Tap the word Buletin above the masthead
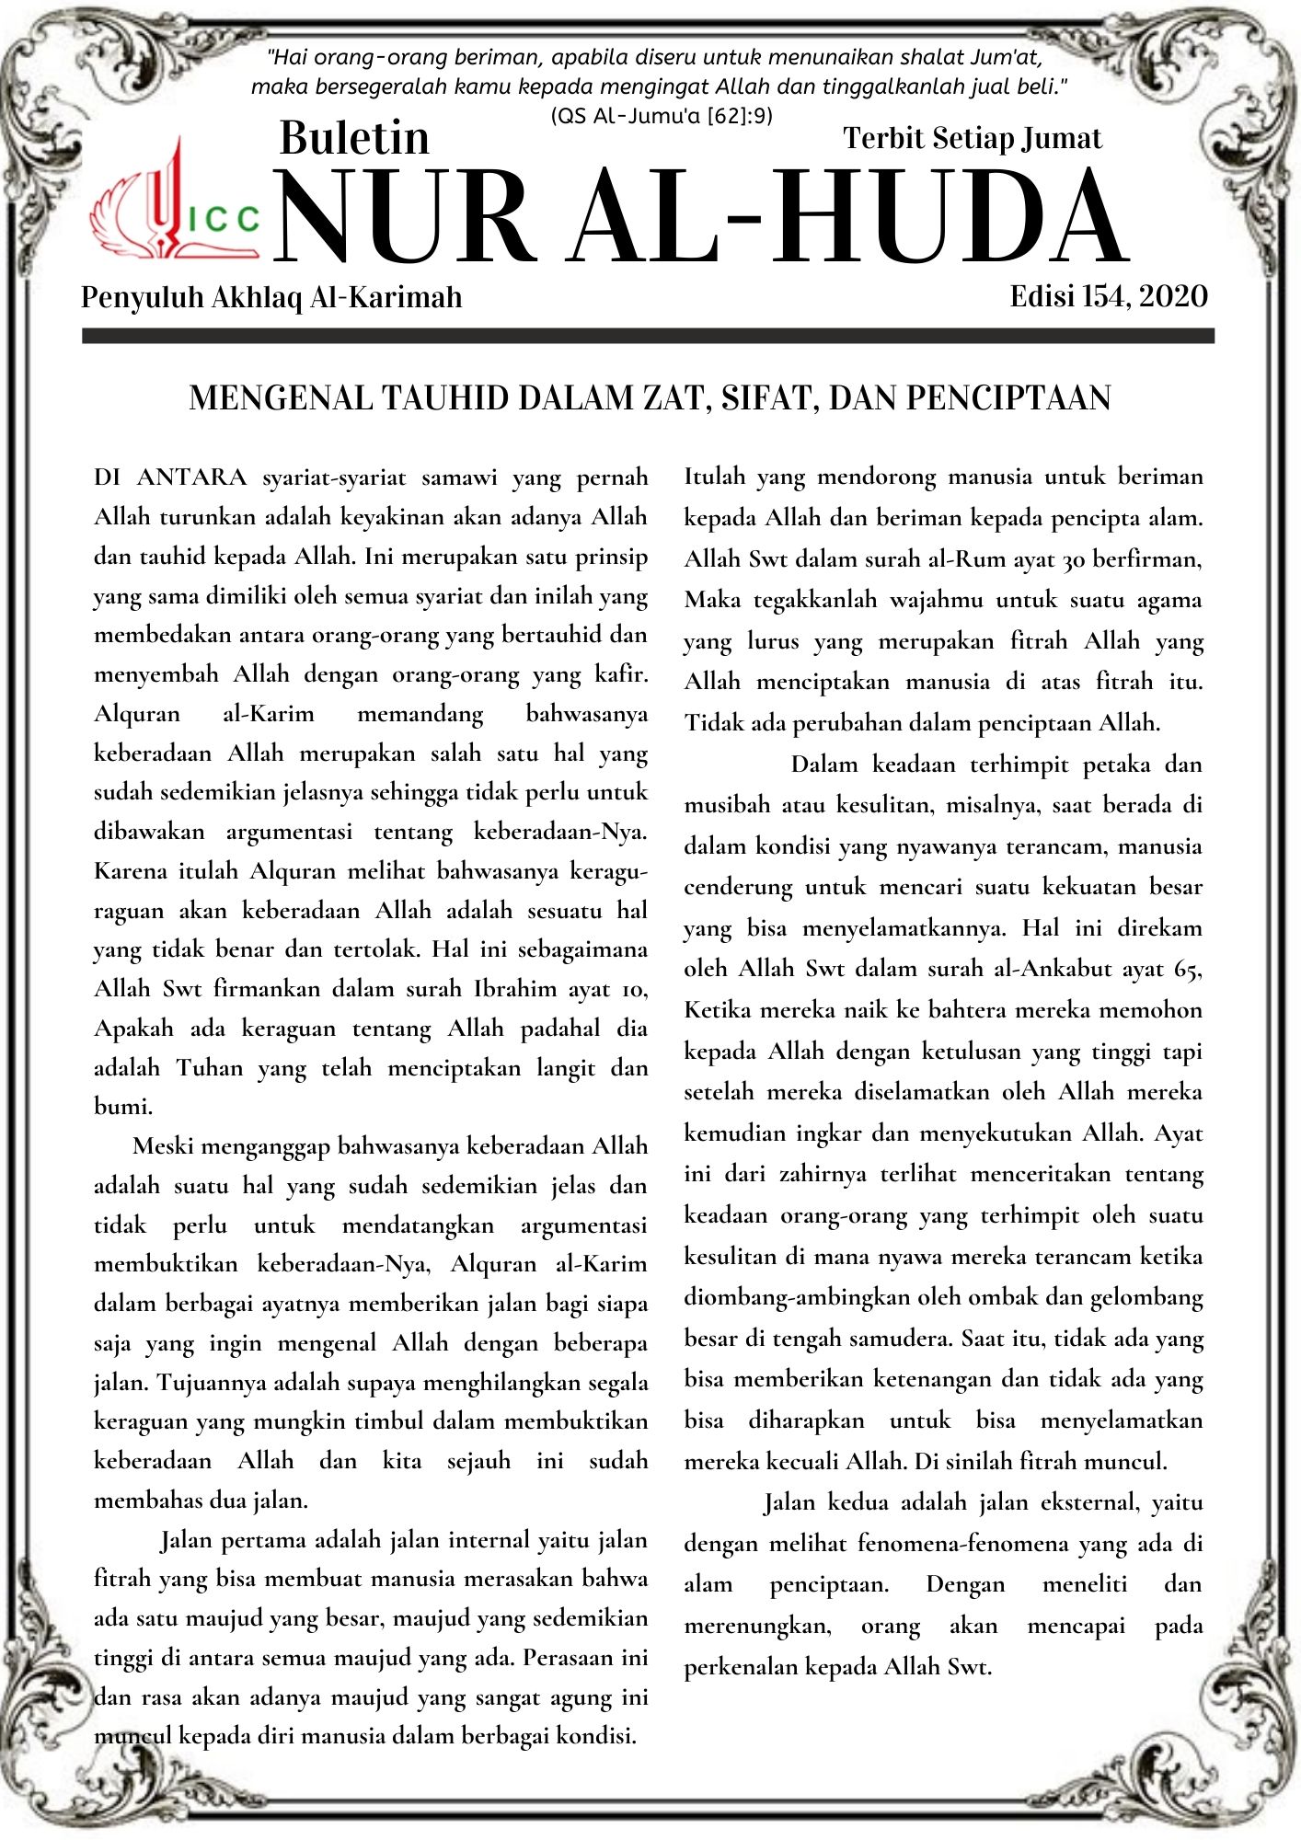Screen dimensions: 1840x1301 354,138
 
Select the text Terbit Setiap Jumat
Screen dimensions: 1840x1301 972,138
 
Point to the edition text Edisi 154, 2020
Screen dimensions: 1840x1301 1108,296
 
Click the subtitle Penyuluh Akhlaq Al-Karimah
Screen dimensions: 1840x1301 271,297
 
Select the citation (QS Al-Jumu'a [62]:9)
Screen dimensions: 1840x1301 662,116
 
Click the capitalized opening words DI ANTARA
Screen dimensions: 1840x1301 170,477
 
